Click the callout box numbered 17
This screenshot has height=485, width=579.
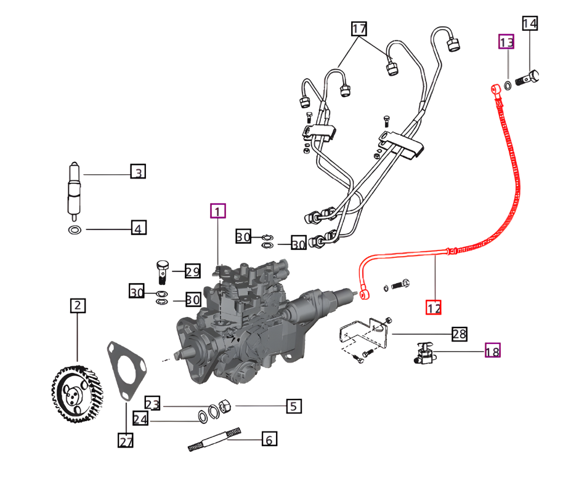pyautogui.click(x=359, y=29)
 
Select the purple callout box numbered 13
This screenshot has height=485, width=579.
pyautogui.click(x=506, y=42)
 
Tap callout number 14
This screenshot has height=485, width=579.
pyautogui.click(x=530, y=24)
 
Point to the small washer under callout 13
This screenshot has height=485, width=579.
pyautogui.click(x=506, y=85)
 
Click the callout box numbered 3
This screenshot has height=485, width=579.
pyautogui.click(x=138, y=172)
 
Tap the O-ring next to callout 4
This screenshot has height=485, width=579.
pyautogui.click(x=74, y=230)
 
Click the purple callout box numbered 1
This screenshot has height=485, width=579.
pyautogui.click(x=218, y=212)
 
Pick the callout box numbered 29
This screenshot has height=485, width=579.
pyautogui.click(x=192, y=271)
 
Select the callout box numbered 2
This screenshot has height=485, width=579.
pyautogui.click(x=78, y=305)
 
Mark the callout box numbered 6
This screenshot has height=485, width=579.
pyautogui.click(x=269, y=439)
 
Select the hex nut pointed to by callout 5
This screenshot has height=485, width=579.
pyautogui.click(x=225, y=406)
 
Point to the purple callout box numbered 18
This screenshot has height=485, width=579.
pyautogui.click(x=492, y=351)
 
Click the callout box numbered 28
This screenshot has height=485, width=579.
pyautogui.click(x=459, y=334)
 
